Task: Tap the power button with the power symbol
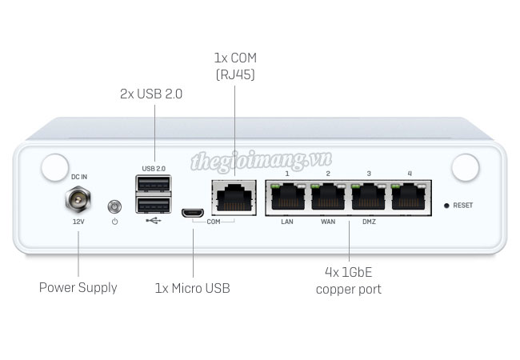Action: click(x=114, y=206)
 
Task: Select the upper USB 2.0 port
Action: click(x=154, y=185)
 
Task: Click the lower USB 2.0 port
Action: click(x=154, y=205)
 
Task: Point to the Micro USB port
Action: click(x=192, y=213)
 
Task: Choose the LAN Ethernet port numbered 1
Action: click(x=287, y=196)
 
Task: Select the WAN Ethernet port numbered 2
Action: click(x=327, y=196)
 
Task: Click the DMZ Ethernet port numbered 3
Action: click(x=368, y=196)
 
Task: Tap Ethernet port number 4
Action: click(x=408, y=196)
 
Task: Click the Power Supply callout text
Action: click(x=78, y=287)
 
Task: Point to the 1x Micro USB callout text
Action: click(x=192, y=287)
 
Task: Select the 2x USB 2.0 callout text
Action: click(x=151, y=94)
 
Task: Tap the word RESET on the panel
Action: click(x=462, y=206)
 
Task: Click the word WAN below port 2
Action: click(x=327, y=222)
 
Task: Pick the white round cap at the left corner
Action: click(x=54, y=168)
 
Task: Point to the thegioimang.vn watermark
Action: click(x=250, y=162)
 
